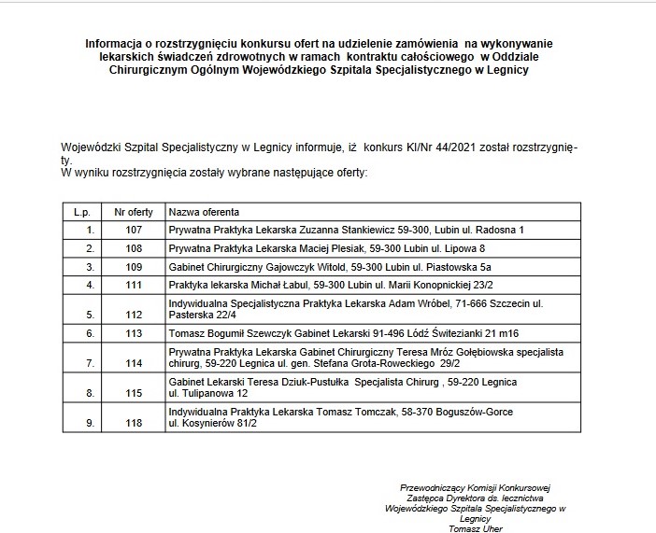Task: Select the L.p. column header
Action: point(81,212)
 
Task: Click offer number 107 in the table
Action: point(132,229)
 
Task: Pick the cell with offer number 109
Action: point(132,266)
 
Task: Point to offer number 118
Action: point(132,423)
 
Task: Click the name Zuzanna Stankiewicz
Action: point(314,229)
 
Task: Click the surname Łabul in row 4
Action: point(295,284)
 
